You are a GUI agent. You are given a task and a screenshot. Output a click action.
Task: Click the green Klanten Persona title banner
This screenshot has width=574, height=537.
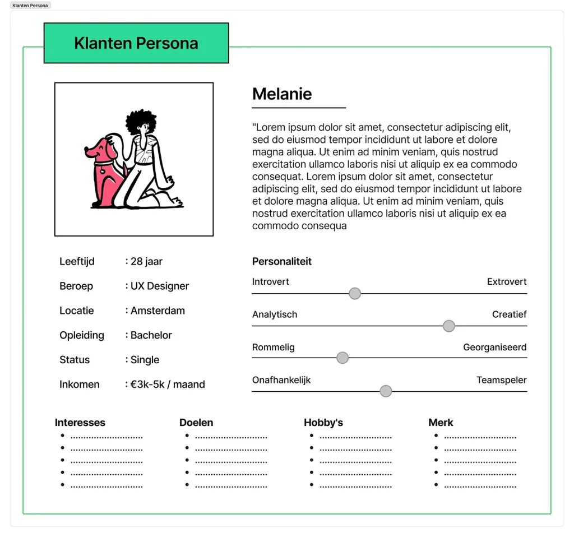pyautogui.click(x=136, y=43)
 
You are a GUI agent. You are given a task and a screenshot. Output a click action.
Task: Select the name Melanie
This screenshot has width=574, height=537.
pyautogui.click(x=282, y=94)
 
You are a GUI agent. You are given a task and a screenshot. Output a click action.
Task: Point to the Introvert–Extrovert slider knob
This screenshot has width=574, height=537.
pyautogui.click(x=354, y=293)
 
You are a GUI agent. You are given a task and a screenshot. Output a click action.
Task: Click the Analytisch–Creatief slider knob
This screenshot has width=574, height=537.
pyautogui.click(x=448, y=326)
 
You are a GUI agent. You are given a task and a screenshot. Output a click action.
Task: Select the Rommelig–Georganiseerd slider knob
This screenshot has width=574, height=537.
pyautogui.click(x=342, y=358)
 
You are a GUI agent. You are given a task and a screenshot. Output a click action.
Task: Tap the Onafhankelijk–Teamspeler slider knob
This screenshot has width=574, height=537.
pyautogui.click(x=385, y=391)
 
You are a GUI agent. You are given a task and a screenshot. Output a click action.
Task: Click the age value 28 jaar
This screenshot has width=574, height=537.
pyautogui.click(x=146, y=261)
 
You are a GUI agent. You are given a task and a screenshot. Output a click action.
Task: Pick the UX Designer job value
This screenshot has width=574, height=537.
pyautogui.click(x=160, y=286)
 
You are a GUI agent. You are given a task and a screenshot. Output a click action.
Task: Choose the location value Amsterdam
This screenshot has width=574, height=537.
pyautogui.click(x=158, y=311)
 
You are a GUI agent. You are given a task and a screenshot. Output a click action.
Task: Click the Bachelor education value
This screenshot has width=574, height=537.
pyautogui.click(x=151, y=335)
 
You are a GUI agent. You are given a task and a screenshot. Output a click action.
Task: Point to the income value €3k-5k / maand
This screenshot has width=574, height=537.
pyautogui.click(x=168, y=385)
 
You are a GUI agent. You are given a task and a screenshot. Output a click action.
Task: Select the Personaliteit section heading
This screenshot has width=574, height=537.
pyautogui.click(x=282, y=261)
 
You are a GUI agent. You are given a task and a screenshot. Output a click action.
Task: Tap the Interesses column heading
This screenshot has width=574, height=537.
pyautogui.click(x=80, y=423)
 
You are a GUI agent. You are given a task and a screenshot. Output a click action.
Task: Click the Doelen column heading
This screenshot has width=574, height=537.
pyautogui.click(x=196, y=423)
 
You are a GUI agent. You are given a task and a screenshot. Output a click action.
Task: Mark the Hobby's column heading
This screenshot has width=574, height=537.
pyautogui.click(x=323, y=423)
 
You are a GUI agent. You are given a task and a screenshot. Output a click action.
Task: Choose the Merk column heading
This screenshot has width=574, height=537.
pyautogui.click(x=441, y=423)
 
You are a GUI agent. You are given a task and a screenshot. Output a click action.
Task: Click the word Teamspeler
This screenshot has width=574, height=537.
pyautogui.click(x=501, y=380)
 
